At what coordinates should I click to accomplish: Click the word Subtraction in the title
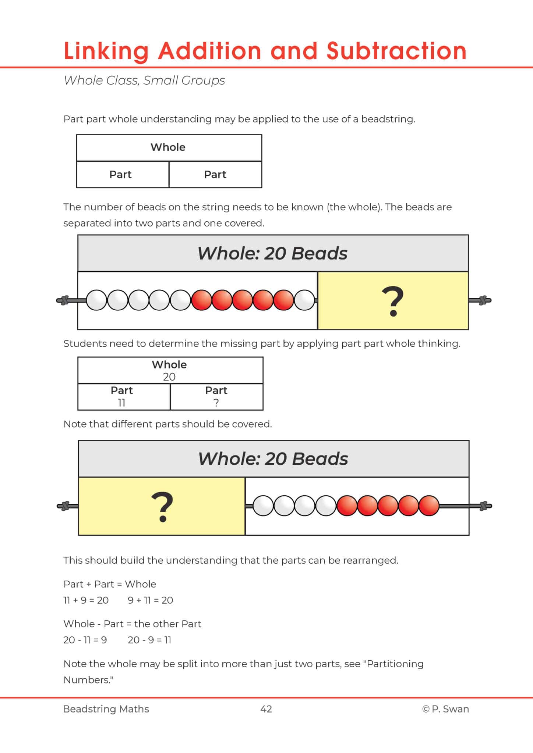coord(396,51)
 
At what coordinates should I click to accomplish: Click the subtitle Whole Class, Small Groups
coord(144,81)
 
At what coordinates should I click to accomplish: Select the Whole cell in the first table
coord(169,147)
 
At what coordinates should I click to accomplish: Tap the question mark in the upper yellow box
coord(392,302)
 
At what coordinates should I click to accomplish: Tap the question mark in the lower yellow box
coord(162,507)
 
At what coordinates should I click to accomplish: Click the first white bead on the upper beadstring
coord(96,300)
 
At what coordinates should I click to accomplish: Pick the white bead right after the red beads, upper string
coord(305,300)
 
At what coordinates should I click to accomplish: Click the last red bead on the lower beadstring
coord(429,506)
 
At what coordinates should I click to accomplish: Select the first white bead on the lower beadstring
coord(263,506)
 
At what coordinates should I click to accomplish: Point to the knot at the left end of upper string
coord(65,300)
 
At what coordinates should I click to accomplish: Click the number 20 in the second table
coord(169,377)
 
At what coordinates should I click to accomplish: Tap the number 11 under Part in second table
coord(122,403)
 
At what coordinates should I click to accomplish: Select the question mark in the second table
coord(216,403)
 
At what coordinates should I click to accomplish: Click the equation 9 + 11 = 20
coord(150,600)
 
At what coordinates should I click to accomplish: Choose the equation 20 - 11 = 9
coord(85,640)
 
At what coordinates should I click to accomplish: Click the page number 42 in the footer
coord(266,709)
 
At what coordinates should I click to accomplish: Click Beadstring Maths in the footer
coord(106,709)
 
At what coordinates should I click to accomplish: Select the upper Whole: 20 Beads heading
coord(272,253)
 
